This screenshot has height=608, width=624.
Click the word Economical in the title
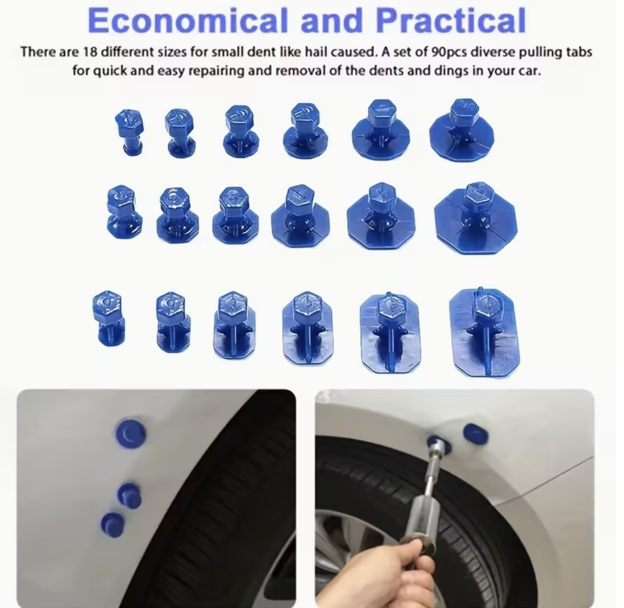[188, 20]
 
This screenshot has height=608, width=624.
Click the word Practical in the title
[451, 20]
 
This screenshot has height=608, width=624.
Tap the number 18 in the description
[90, 51]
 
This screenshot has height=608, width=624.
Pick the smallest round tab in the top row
[129, 132]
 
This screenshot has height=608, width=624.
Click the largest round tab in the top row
[462, 130]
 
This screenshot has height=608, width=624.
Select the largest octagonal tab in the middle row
[476, 218]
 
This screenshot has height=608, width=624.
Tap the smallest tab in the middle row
[124, 212]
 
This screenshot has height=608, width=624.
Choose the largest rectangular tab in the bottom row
[484, 332]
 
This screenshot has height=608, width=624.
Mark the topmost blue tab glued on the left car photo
[130, 434]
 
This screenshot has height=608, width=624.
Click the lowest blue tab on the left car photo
[112, 525]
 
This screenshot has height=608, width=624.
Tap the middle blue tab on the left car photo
[129, 496]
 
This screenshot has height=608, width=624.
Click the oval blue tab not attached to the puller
[476, 434]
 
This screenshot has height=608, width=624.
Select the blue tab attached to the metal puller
[439, 444]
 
